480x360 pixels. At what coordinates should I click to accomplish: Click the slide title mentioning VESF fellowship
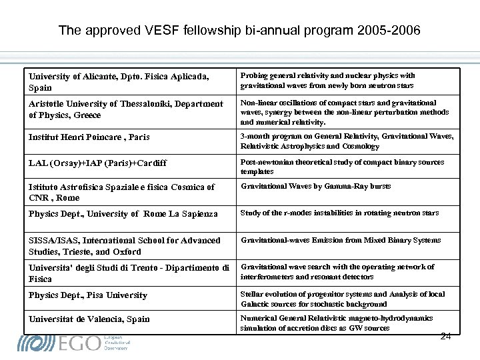point(239,31)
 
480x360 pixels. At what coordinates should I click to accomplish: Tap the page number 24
point(446,336)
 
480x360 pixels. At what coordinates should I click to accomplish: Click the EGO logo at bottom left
point(73,343)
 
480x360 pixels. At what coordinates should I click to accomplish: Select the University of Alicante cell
point(119,82)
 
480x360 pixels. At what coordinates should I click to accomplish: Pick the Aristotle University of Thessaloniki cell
point(126,109)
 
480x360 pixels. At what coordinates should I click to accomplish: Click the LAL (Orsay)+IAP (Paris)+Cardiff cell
point(97,163)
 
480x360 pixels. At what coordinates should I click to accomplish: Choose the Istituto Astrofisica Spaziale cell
point(121,192)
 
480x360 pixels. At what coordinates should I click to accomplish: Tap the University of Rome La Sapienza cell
point(123,214)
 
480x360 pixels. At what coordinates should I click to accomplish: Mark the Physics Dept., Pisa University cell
point(88,295)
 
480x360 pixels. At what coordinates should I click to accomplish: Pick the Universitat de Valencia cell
point(89,319)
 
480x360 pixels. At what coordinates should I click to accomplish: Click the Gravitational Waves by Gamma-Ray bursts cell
point(316,187)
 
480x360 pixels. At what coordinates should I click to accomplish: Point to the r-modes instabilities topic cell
point(339,213)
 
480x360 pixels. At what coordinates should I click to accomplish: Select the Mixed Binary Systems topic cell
point(341,240)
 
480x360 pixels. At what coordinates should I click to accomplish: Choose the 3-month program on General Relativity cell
point(347,141)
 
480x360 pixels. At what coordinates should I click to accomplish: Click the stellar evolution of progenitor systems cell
point(342,299)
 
